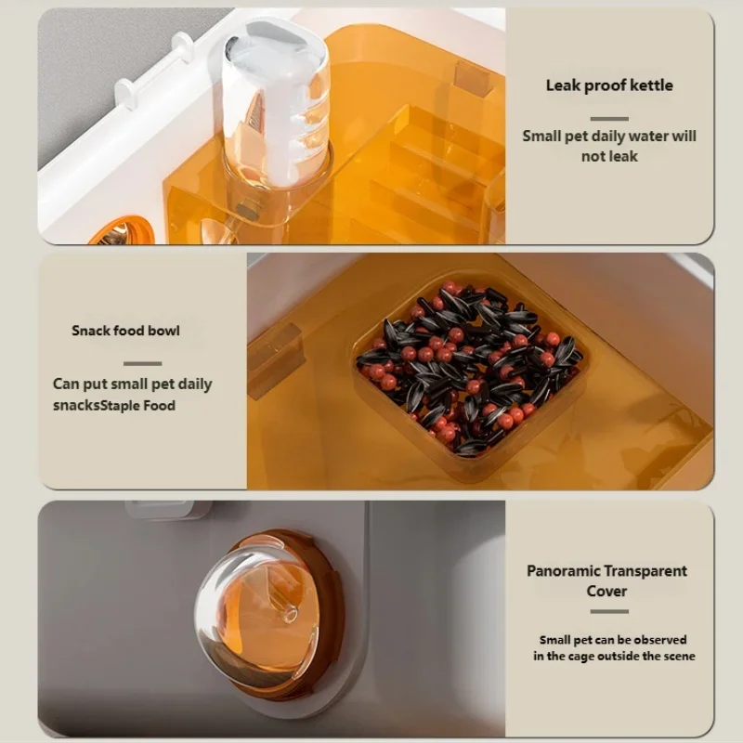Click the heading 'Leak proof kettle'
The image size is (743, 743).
609,85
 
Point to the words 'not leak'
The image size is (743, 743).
609,156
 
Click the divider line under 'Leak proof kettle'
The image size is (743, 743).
609,119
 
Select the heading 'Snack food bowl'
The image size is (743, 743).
125,331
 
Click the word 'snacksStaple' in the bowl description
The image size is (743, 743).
98,406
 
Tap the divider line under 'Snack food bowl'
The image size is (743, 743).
143,363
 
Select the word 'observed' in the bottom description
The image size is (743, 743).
660,640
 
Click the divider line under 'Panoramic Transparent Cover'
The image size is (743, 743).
609,611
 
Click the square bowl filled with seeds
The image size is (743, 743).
470,370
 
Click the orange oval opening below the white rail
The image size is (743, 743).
122,232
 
